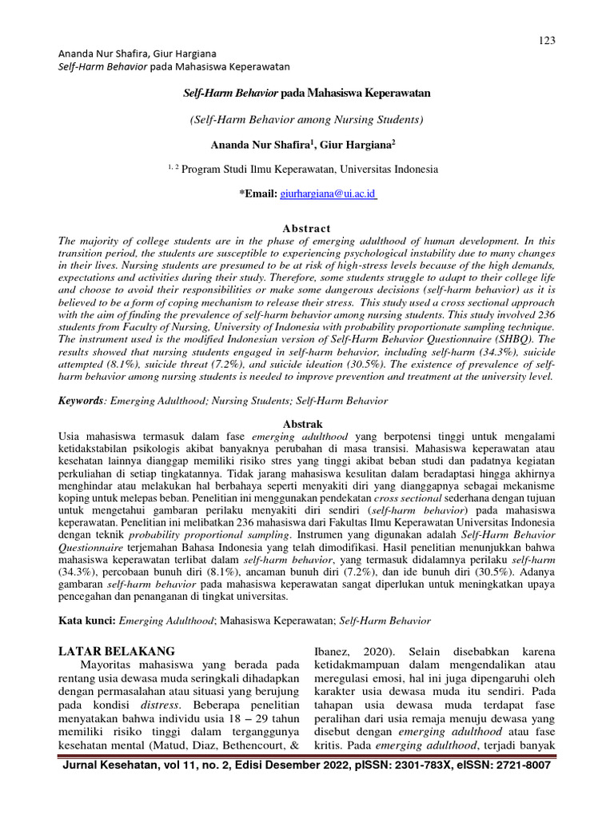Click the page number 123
548,41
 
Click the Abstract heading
307,229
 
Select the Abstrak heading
307,422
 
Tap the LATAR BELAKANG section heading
118,650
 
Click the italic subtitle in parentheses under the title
307,119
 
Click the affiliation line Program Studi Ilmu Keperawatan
307,170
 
